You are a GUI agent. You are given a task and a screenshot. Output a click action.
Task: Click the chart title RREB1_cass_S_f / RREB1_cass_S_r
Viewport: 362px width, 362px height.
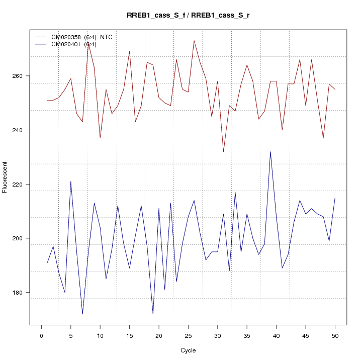[188, 16]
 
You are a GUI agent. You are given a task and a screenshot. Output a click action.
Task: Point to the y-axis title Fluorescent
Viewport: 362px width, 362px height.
[6, 177]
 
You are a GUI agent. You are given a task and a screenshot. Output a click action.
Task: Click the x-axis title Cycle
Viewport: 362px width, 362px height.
[188, 350]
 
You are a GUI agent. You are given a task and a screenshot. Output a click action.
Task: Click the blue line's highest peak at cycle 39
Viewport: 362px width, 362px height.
[270, 152]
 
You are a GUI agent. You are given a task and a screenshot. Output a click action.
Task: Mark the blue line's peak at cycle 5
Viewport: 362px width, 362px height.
[71, 182]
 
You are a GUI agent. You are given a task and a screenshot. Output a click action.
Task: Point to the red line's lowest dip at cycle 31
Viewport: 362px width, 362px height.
[223, 151]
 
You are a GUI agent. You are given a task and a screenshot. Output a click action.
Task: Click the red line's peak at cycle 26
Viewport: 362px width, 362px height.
[194, 41]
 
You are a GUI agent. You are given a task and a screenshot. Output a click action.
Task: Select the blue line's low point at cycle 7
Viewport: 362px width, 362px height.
[82, 314]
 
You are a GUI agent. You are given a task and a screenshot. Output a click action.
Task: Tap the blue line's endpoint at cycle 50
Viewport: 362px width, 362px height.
[335, 198]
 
